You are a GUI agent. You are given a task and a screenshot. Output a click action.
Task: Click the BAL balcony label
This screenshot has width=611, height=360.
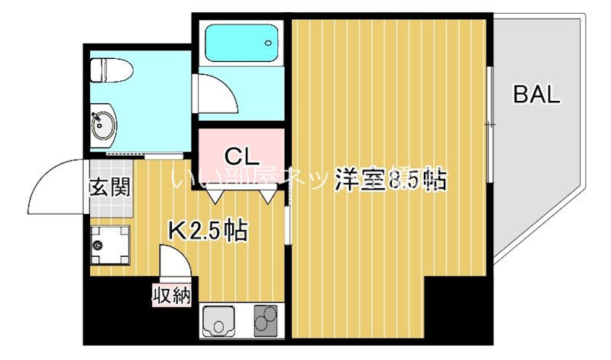[536, 96]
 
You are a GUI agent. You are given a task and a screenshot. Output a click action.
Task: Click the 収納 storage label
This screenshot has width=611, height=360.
[171, 295]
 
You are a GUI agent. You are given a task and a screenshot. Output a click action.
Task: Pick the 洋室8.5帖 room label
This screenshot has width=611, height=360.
[390, 180]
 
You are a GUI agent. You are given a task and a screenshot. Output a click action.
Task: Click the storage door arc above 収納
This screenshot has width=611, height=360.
[175, 264]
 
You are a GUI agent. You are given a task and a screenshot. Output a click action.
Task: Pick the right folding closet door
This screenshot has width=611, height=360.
[267, 194]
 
